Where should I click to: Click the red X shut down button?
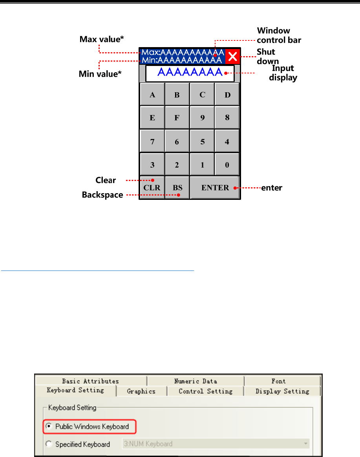(232, 57)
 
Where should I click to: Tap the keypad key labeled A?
(152, 95)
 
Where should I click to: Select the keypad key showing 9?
(202, 118)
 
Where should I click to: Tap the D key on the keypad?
(227, 95)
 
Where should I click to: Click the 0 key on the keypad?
(227, 165)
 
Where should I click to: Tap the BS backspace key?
(177, 188)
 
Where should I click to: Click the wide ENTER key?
(215, 188)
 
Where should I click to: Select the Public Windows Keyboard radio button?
(49, 426)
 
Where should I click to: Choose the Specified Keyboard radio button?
(49, 444)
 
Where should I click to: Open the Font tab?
(278, 381)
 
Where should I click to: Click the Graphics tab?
(141, 391)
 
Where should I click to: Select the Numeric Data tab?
(195, 381)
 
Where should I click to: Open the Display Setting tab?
(282, 391)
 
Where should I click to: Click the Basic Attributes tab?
(90, 381)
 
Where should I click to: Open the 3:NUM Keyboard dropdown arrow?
(305, 444)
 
